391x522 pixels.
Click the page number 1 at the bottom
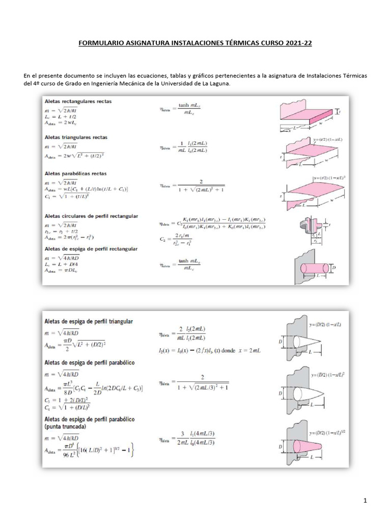(366, 502)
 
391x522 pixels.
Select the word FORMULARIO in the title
(101, 44)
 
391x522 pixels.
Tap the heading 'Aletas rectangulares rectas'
(78, 101)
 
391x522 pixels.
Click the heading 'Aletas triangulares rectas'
(76, 138)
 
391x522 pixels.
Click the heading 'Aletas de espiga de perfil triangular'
(89, 322)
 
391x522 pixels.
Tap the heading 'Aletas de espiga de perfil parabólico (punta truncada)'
(90, 423)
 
